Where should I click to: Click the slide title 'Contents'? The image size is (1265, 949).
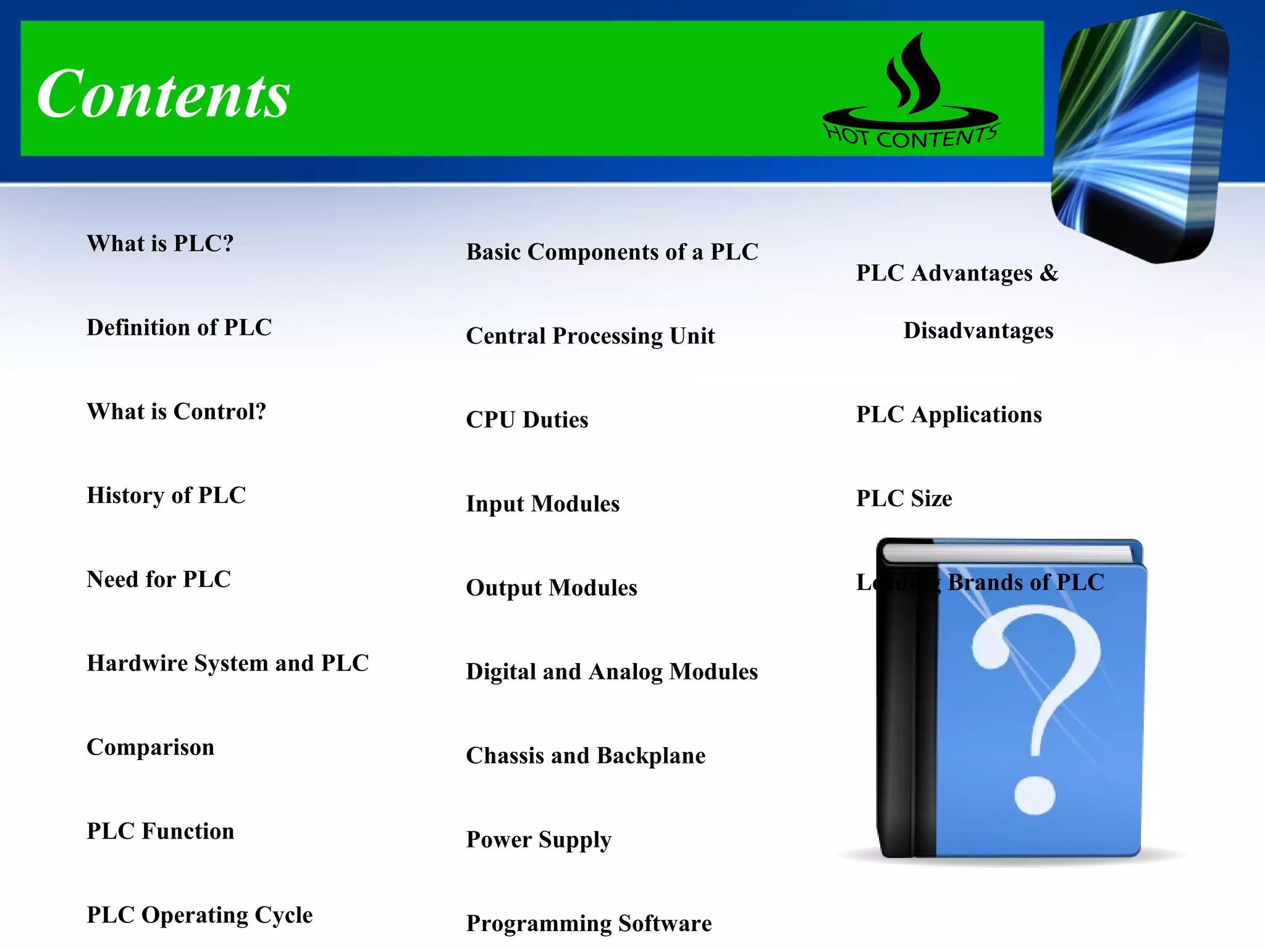(x=163, y=94)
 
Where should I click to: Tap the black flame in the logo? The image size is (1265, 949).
(x=913, y=74)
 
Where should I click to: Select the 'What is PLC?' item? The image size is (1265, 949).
(x=160, y=243)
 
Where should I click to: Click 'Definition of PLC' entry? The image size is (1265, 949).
(x=179, y=327)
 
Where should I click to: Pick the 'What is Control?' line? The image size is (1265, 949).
(x=176, y=411)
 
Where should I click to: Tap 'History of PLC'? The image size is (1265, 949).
(x=166, y=496)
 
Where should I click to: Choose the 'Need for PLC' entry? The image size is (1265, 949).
(x=159, y=580)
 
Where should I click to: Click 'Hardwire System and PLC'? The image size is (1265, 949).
(x=227, y=663)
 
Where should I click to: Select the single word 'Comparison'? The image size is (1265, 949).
(x=150, y=747)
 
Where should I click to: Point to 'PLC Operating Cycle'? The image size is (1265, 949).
(x=200, y=915)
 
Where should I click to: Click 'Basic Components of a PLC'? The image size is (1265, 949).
(x=611, y=252)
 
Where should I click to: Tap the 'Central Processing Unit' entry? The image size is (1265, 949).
(x=590, y=336)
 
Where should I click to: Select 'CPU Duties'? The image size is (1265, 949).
(x=527, y=420)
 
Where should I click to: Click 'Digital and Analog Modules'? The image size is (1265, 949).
(x=611, y=672)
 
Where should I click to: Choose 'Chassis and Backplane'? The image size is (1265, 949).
(x=586, y=756)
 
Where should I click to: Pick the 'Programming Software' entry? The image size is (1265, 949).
(x=589, y=924)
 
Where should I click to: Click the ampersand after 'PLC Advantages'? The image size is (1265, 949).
(x=1049, y=273)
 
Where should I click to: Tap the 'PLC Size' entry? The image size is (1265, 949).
(x=904, y=499)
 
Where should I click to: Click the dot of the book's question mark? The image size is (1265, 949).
(x=1035, y=796)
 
